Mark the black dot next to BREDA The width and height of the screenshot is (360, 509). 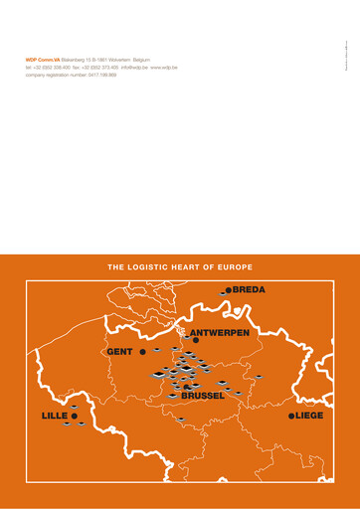[228, 290]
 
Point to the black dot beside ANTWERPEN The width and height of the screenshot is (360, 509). [197, 340]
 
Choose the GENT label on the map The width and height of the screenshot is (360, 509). [119, 352]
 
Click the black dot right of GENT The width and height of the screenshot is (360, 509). [143, 352]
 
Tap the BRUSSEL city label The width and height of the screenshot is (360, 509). [203, 396]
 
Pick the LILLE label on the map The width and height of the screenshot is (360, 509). [54, 415]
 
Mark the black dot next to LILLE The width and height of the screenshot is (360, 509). [74, 416]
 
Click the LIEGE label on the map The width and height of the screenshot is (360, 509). [309, 416]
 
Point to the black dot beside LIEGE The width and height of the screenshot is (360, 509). [290, 416]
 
